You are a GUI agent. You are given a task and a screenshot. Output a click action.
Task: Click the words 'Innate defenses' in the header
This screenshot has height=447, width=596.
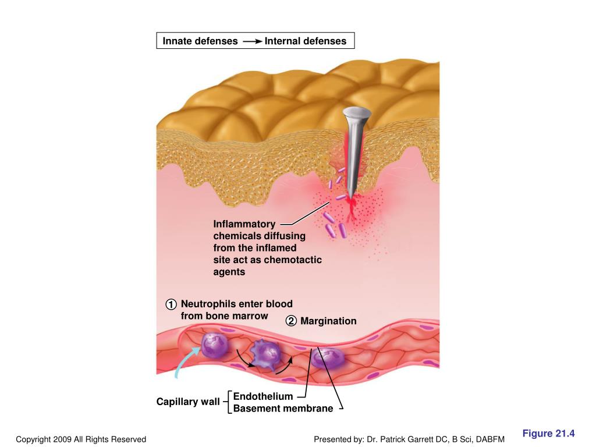(200, 41)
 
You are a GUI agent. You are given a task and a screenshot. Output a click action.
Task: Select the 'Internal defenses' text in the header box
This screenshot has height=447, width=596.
(305, 41)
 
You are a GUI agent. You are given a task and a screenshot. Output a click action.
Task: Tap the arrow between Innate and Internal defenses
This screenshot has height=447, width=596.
(252, 41)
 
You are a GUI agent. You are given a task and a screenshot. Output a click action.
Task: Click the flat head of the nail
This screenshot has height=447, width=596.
(357, 112)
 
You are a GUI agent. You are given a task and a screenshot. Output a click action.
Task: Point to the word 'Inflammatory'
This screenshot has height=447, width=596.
(244, 224)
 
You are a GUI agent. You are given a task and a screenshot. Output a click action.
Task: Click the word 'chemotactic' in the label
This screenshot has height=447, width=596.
(293, 260)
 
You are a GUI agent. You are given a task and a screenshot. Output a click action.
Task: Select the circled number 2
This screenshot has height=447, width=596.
(290, 321)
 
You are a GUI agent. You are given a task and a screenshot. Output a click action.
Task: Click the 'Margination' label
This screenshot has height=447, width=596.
(328, 321)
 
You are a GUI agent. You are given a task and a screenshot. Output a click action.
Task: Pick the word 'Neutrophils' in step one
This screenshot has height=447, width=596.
(205, 304)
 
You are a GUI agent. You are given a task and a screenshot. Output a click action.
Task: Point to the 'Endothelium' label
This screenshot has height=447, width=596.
(262, 396)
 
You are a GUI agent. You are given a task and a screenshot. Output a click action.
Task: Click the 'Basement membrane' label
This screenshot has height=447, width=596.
(283, 409)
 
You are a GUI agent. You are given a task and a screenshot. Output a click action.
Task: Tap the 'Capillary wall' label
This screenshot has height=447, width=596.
(187, 402)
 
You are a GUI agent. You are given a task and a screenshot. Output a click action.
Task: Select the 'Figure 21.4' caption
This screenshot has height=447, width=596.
(548, 434)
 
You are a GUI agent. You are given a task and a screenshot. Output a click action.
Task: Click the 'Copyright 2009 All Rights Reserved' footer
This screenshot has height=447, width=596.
(81, 439)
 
